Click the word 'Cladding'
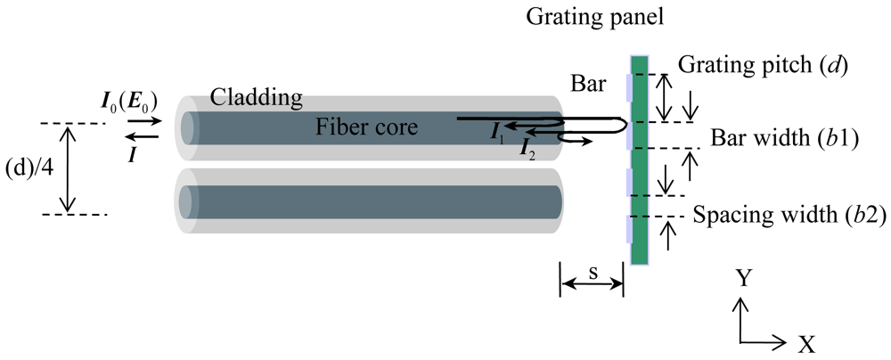(x=257, y=96)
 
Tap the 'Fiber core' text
(x=366, y=127)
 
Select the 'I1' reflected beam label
(x=496, y=133)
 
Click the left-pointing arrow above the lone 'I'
(x=143, y=136)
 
